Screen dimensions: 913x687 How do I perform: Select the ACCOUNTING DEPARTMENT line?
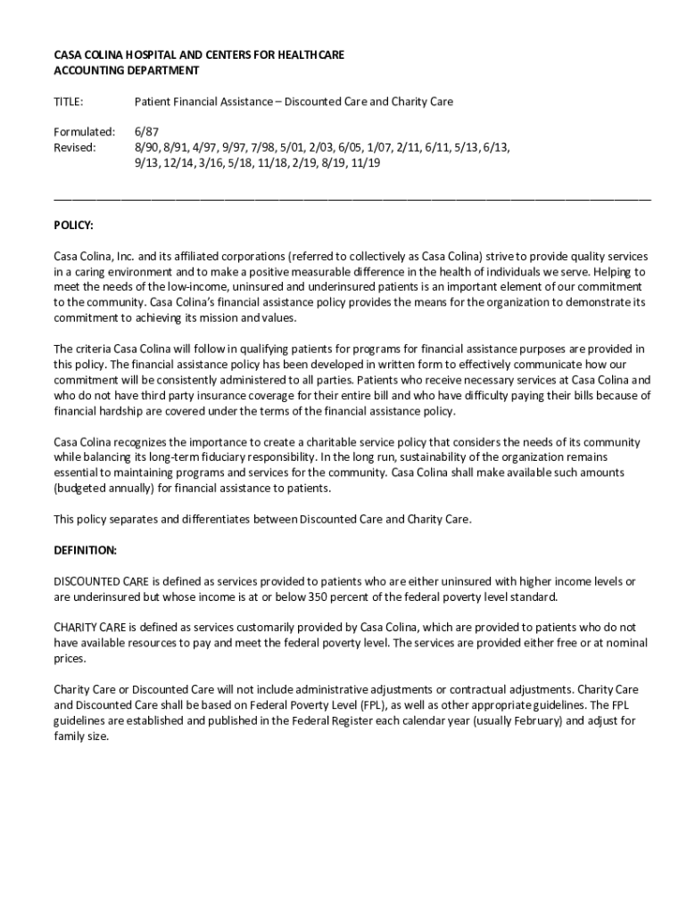click(127, 70)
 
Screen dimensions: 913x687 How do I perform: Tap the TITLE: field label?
click(69, 102)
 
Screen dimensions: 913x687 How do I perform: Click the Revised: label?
click(75, 147)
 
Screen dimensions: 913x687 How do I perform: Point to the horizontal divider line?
click(352, 195)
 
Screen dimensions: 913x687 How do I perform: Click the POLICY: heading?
click(73, 226)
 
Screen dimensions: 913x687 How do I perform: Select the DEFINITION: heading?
click(86, 550)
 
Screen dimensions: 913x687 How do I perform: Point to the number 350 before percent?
click(319, 596)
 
